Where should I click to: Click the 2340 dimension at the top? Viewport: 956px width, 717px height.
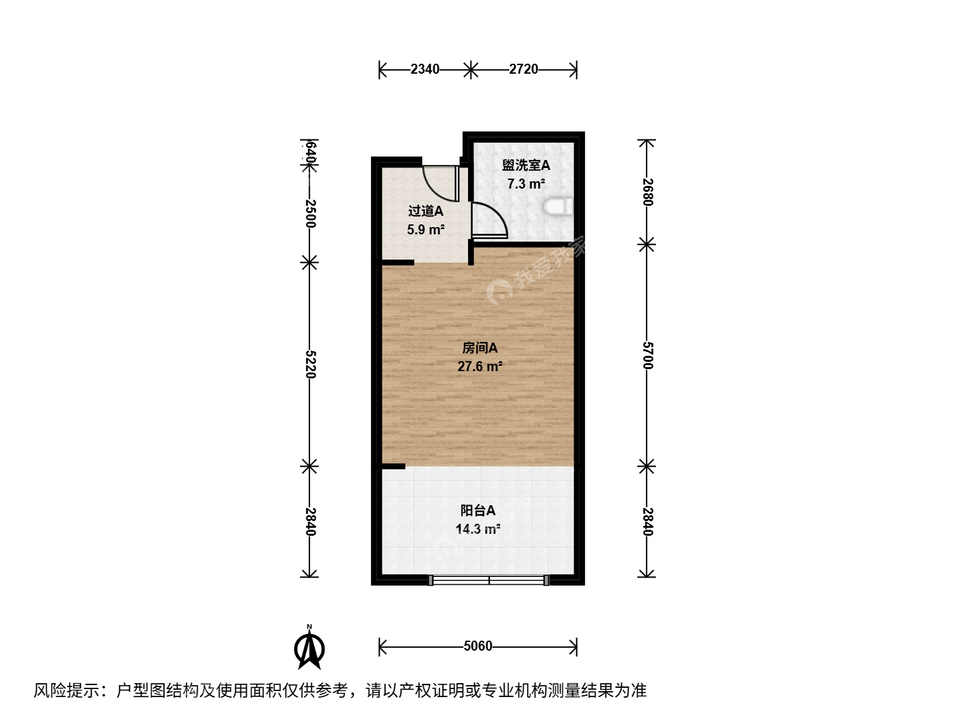[425, 69]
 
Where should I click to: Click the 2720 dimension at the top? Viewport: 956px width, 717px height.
[524, 69]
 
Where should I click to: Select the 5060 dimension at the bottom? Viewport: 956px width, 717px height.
[478, 646]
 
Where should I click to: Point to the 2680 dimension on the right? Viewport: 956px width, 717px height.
[648, 192]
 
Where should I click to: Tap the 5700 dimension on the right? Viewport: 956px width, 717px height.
[648, 355]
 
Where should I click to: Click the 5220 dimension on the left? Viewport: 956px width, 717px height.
[310, 364]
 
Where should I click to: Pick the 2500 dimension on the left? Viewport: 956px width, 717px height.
[310, 213]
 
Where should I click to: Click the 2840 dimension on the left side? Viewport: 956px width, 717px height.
[310, 522]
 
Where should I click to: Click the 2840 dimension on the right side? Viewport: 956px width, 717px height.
[648, 522]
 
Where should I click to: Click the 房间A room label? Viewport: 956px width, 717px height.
[479, 348]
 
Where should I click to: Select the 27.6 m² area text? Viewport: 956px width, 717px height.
[480, 366]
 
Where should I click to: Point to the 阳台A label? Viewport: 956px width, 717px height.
[478, 511]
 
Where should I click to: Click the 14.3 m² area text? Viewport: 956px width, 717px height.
[478, 529]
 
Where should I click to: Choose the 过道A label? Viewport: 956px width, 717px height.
[426, 211]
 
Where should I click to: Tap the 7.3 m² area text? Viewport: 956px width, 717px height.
[526, 184]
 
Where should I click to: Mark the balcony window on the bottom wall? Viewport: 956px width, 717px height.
[488, 580]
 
